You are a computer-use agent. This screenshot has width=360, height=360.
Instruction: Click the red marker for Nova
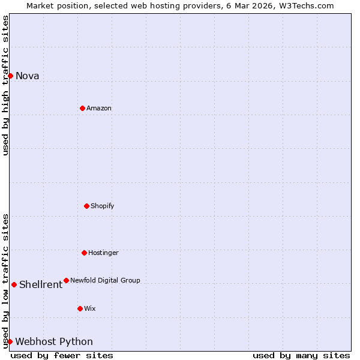(10, 76)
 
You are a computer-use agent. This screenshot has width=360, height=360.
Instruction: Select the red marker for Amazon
(82, 108)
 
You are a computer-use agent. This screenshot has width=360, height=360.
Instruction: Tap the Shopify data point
(86, 206)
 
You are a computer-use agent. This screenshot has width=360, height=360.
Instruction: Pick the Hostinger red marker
(84, 253)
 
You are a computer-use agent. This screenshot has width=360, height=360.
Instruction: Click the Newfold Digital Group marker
(66, 280)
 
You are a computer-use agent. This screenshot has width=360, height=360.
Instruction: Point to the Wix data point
(80, 308)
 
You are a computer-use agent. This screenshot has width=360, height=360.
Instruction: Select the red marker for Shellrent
(14, 284)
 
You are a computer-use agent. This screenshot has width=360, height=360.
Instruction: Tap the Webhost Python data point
(10, 341)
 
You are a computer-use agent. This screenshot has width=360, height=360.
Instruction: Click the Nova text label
(27, 76)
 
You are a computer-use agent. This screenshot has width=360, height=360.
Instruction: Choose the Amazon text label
(99, 109)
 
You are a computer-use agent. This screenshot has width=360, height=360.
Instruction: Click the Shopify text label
(102, 206)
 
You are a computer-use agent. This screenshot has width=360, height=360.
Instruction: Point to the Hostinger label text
(103, 253)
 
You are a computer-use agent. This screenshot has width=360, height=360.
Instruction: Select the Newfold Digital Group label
(105, 281)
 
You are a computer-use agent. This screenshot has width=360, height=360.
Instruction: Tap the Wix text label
(89, 309)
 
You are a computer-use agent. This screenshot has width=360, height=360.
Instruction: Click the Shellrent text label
(41, 285)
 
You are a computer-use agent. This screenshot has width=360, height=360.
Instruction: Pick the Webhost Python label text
(54, 342)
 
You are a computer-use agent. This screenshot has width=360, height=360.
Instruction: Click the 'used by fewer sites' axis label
(62, 355)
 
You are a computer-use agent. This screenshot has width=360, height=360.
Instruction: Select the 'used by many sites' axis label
(301, 355)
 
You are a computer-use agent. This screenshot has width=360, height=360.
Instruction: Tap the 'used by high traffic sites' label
(5, 85)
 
